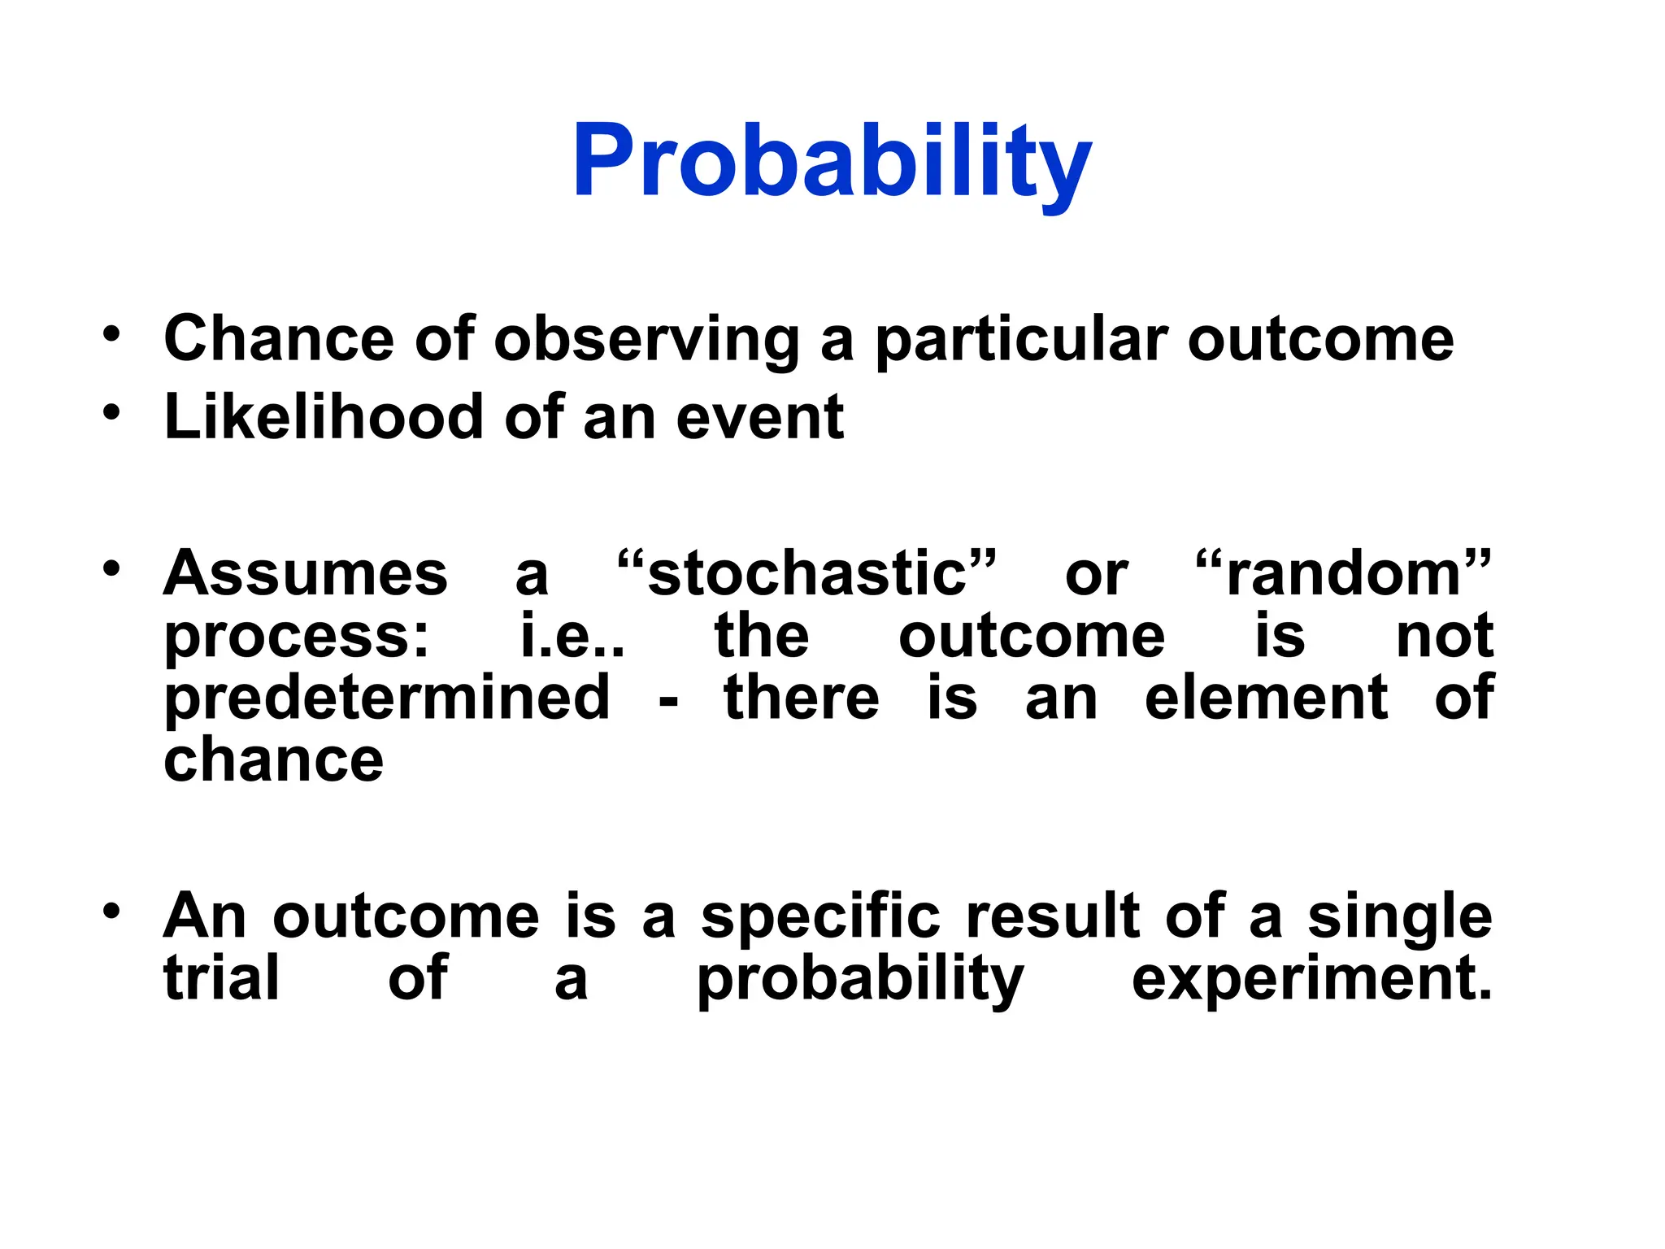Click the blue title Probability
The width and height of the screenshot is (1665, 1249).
832,160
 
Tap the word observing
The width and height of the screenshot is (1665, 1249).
647,340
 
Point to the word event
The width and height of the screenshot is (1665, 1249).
759,418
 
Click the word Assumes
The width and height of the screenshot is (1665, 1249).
305,573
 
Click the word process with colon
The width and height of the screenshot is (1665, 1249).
297,638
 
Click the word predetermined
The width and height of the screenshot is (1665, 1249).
387,698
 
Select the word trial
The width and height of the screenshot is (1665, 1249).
221,978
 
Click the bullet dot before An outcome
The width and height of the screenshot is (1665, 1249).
111,911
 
